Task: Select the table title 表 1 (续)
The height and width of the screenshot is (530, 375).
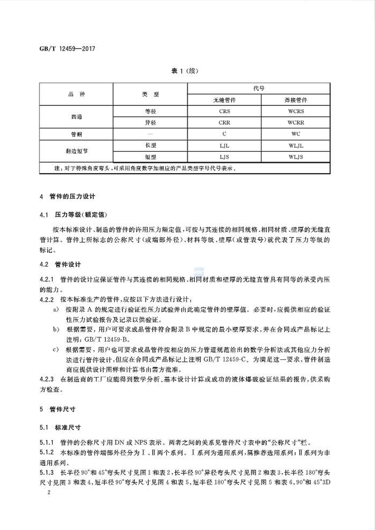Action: click(186, 70)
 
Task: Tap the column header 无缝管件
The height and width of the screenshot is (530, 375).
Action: click(224, 99)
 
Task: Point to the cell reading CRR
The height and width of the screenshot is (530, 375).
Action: click(224, 122)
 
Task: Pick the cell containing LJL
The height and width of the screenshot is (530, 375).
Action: click(224, 145)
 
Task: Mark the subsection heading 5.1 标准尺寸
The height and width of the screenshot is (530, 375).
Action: click(63, 427)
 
